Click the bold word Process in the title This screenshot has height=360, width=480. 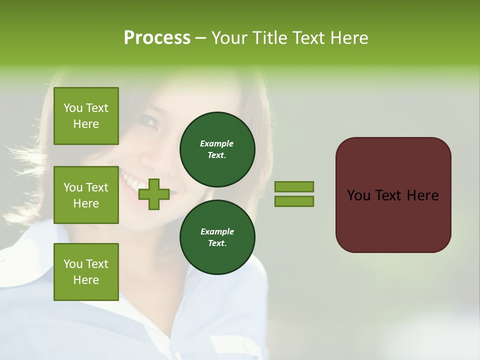(x=157, y=38)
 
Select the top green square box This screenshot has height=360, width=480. (x=86, y=116)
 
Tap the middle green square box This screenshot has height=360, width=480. (x=86, y=195)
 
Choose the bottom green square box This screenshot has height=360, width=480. (x=86, y=271)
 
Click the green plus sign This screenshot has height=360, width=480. (x=154, y=194)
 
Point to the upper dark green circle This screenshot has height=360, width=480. (x=217, y=149)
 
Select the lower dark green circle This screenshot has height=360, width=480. (x=217, y=237)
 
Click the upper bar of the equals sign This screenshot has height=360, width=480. (x=294, y=186)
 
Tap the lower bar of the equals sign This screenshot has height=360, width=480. (x=294, y=201)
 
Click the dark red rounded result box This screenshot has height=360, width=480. (x=393, y=194)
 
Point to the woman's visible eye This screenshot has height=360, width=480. (x=149, y=121)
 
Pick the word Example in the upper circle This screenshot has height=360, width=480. (x=217, y=143)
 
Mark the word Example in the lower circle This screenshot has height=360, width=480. (x=217, y=231)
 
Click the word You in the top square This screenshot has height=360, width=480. (x=73, y=108)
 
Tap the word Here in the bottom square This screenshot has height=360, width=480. (x=86, y=280)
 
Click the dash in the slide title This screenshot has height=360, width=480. (x=200, y=38)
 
